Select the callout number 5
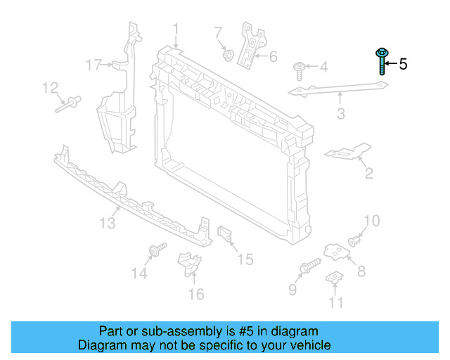click(x=403, y=64)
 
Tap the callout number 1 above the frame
click(x=176, y=30)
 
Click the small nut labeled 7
click(x=227, y=53)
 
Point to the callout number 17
click(x=94, y=65)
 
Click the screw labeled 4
click(x=300, y=70)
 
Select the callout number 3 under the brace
click(x=341, y=112)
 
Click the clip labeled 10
click(x=355, y=240)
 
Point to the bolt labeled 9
click(x=309, y=267)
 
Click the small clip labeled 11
click(x=336, y=279)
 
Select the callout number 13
click(x=106, y=224)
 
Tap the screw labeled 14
click(x=156, y=250)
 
